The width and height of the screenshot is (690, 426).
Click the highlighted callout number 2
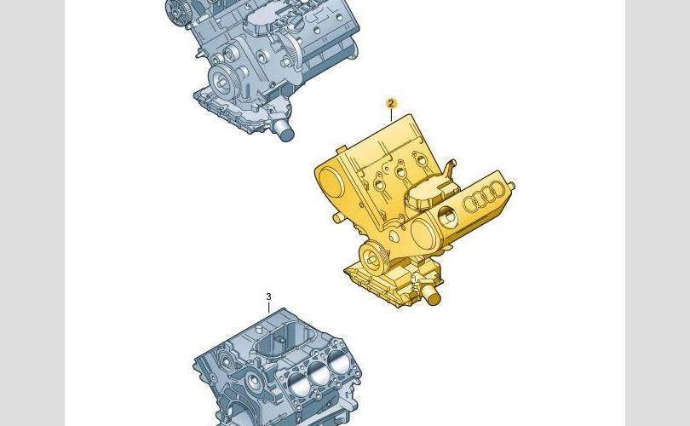coord(391,104)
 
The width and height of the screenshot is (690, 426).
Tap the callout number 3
coord(268,296)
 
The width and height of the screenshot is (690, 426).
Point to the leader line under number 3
coord(269,308)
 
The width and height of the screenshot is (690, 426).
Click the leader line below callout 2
coord(391,115)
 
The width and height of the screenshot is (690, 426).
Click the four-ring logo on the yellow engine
coord(485,196)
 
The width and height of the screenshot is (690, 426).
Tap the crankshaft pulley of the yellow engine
coord(373,258)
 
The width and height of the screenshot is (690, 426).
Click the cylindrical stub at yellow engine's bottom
coord(431,295)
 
